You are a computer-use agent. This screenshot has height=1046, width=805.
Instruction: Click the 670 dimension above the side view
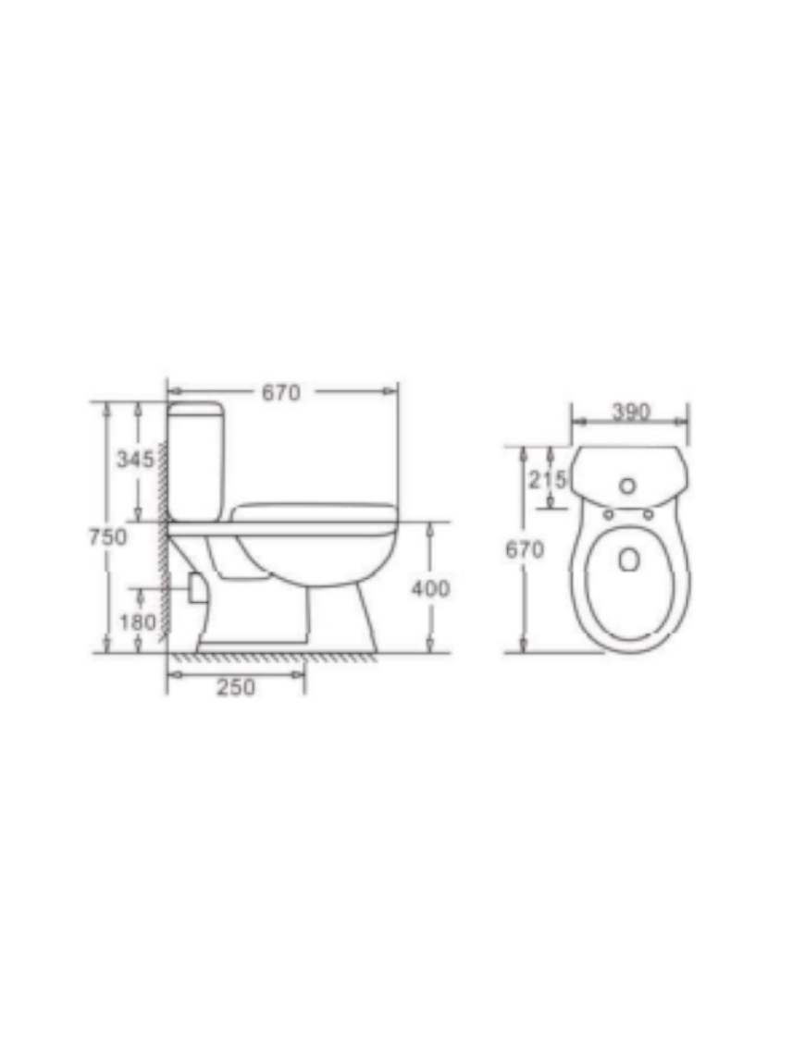click(281, 393)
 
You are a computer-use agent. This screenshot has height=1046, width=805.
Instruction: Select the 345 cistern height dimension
click(135, 459)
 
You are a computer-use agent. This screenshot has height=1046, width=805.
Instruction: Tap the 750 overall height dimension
click(107, 536)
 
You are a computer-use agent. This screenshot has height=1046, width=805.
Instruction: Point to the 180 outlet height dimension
click(138, 622)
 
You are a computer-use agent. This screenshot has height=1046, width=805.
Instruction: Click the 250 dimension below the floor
click(236, 687)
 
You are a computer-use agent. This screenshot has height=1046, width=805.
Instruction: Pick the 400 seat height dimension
click(430, 588)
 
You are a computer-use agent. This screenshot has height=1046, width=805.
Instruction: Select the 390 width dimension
click(631, 412)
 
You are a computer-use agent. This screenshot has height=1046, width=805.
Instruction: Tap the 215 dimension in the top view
click(548, 479)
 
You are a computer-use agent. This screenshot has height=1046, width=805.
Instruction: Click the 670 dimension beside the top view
click(525, 549)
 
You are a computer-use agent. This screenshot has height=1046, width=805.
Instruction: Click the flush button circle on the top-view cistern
click(627, 486)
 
